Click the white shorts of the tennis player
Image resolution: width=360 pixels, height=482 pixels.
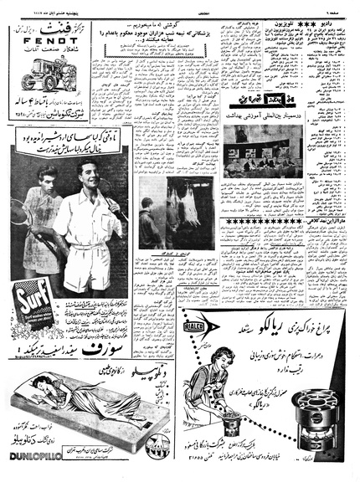[x=95, y=268]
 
